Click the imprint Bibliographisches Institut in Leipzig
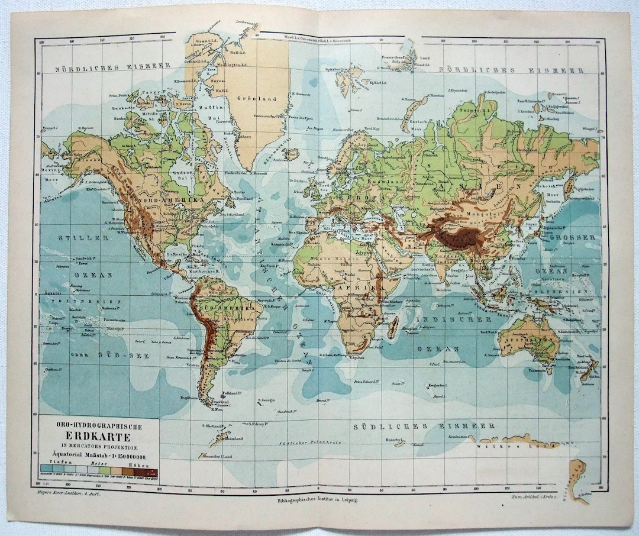coord(317,500)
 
